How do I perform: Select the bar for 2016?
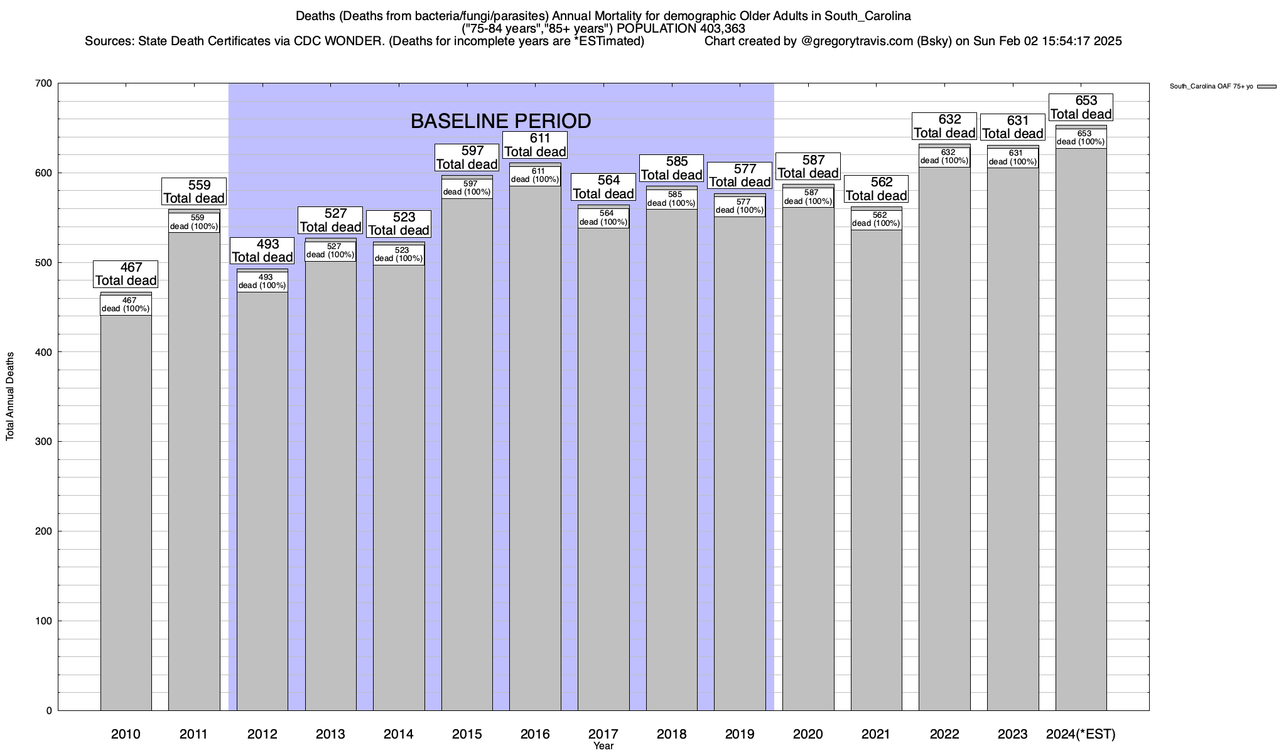(x=535, y=452)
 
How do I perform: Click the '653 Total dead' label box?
(x=1081, y=107)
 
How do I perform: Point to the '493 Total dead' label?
(x=262, y=250)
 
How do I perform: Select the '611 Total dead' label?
(x=535, y=145)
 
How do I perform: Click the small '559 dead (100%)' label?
(x=195, y=222)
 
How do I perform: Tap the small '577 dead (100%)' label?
(x=740, y=206)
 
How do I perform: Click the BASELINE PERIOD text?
(x=500, y=121)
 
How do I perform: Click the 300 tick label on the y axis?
(x=44, y=442)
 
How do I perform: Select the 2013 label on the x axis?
(x=330, y=734)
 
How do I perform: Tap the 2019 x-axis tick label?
(x=740, y=734)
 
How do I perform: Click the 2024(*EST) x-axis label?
(x=1081, y=734)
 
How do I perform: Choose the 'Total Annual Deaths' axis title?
(x=10, y=397)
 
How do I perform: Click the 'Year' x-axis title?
(x=603, y=746)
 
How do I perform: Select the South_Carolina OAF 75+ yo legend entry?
(x=1222, y=87)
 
